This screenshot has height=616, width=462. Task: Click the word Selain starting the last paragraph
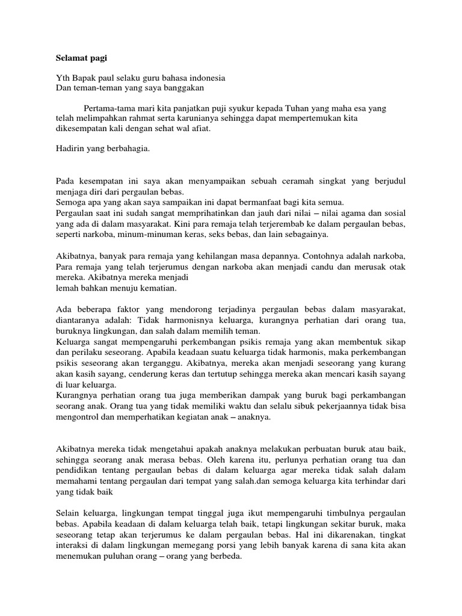69,513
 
